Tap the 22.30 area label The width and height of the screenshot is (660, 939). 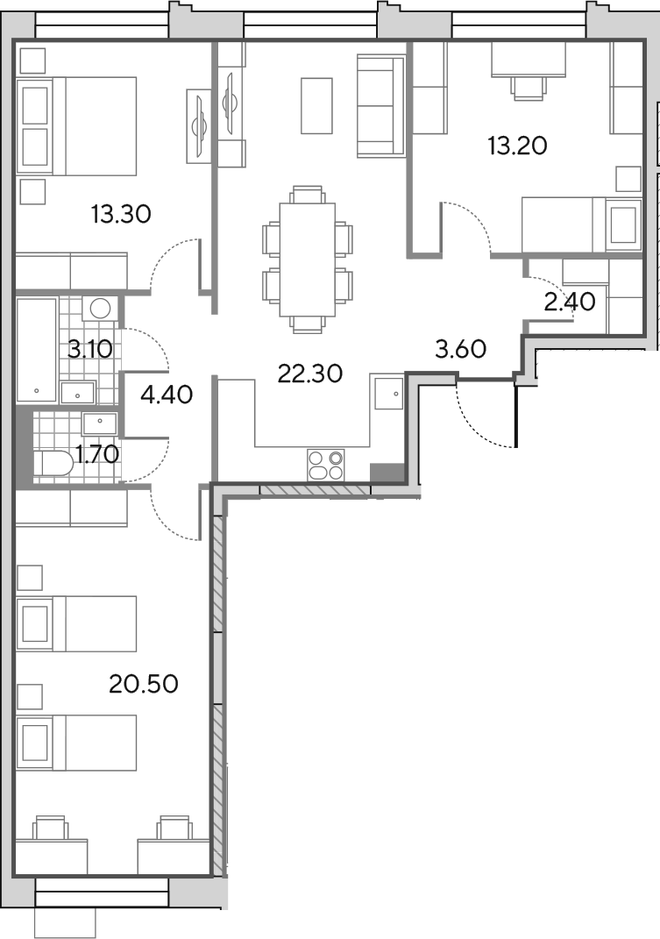pos(310,373)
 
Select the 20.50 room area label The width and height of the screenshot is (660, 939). pos(144,683)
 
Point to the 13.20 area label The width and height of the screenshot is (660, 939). pos(517,146)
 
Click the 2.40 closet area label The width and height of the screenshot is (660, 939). pos(570,302)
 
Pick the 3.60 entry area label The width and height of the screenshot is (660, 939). pos(460,349)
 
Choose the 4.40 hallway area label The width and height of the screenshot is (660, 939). pos(167,395)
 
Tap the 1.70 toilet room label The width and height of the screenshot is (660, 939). pos(98,455)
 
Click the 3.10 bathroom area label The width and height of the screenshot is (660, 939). pos(89,349)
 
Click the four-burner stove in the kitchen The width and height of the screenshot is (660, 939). pos(325,466)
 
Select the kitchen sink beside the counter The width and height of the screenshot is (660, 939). pos(387,392)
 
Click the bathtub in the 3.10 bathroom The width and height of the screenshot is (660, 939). pos(37,351)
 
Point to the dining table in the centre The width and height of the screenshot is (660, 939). pos(308,260)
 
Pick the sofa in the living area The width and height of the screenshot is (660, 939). pos(380,106)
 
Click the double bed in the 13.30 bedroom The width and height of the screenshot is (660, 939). pos(78,125)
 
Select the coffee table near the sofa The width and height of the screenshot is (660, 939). pos(316,106)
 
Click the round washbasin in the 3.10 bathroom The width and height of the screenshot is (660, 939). pos(99,309)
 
